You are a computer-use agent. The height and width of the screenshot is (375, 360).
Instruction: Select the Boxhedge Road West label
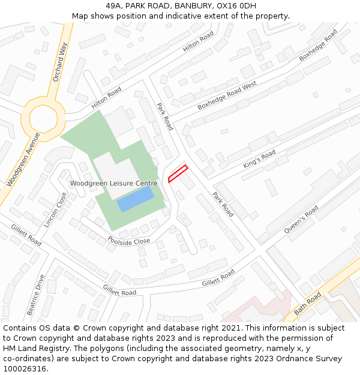pos(227,95)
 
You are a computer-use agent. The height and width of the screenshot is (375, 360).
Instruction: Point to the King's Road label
pos(259,159)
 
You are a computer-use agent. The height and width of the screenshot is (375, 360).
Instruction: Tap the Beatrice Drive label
pos(35,295)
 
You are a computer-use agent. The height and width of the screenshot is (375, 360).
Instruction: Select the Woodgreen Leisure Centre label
pos(113,184)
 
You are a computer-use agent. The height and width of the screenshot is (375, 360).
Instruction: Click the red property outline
pos(178,173)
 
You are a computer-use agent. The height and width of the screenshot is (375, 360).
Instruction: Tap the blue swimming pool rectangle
pos(136,199)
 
